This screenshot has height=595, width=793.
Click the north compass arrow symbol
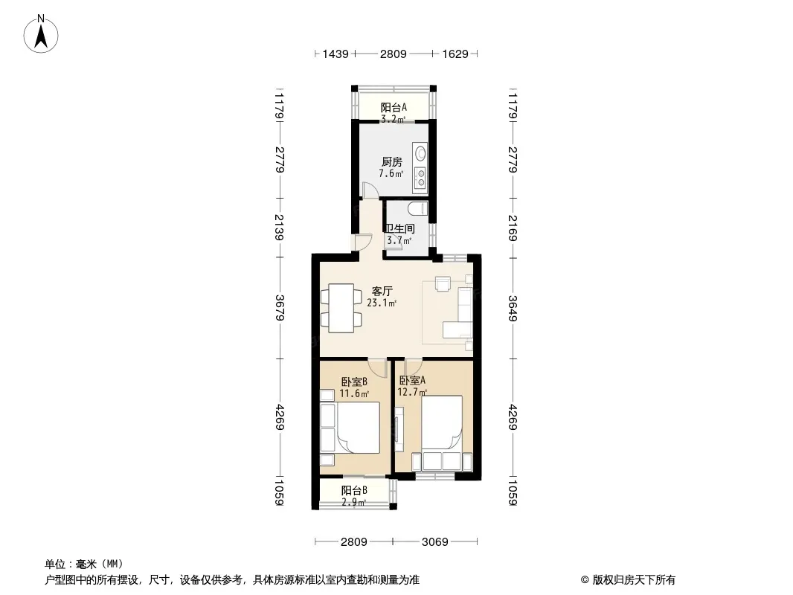click(41, 34)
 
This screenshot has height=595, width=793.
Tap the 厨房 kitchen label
click(392, 162)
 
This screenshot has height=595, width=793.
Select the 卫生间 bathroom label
click(399, 229)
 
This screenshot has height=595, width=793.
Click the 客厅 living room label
click(382, 292)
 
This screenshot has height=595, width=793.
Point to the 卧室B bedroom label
click(354, 382)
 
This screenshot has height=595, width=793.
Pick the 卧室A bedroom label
click(412, 380)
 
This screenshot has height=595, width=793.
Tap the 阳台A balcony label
click(394, 107)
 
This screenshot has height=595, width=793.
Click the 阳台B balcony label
click(354, 490)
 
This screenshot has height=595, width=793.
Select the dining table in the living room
click(341, 309)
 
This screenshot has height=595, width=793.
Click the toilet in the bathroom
click(418, 208)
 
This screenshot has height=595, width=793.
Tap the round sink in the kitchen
click(420, 152)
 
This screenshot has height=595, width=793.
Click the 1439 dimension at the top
click(335, 54)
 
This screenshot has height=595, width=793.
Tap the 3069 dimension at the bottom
click(435, 542)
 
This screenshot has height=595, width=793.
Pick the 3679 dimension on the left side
click(280, 308)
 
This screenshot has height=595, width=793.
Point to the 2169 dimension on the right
click(513, 228)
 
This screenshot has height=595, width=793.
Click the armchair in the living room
click(443, 284)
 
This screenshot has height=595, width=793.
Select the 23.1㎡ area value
click(382, 303)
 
